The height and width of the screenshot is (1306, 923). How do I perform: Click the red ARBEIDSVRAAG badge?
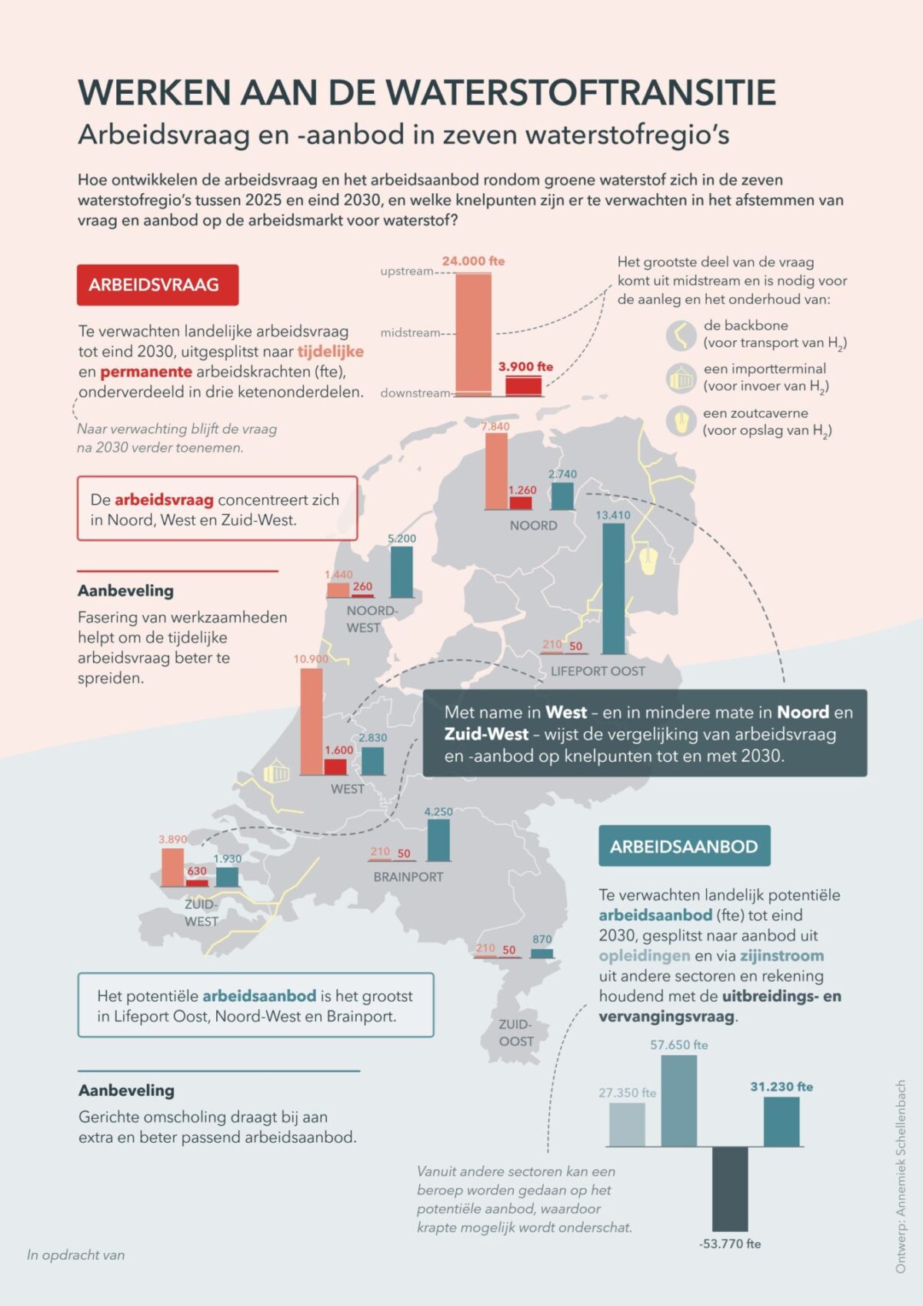pos(158,285)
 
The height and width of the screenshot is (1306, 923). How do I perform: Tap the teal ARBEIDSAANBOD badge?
pos(684,847)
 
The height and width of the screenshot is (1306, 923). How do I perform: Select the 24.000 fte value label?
pos(473,261)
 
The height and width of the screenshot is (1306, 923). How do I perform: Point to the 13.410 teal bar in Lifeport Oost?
pos(613,589)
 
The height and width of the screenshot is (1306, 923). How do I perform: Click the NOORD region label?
pos(533,526)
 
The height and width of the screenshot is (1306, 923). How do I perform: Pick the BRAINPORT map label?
pos(408,877)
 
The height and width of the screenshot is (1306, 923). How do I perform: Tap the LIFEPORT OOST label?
pos(598,671)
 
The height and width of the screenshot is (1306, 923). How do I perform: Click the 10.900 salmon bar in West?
pos(312,721)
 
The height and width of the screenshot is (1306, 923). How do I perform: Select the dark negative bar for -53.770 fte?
pos(729,1189)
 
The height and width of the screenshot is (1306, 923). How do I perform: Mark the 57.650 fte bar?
pos(678,1101)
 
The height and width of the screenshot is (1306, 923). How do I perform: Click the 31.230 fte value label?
pos(781,1087)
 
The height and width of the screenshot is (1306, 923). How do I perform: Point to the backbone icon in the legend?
pos(681,335)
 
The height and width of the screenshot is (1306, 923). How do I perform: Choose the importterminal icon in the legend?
pos(681,378)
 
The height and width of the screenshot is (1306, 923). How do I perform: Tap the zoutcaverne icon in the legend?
pos(681,421)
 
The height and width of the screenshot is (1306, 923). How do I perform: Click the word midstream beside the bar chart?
pos(410,332)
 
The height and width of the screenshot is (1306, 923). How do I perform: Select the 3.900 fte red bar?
pos(523,386)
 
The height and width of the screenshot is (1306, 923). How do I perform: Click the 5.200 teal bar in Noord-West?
pos(402,572)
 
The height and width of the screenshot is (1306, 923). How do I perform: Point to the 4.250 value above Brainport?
pos(438,812)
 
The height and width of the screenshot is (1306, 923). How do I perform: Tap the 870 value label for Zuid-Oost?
pos(542,940)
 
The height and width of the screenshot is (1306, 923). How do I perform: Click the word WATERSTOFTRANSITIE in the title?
pos(581,92)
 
